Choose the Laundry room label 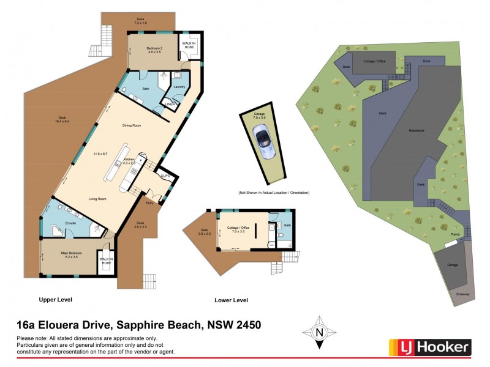coord(179,87)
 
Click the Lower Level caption coord(231,300)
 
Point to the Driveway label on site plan coord(464,294)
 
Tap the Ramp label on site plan coord(455,234)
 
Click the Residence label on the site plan coord(417,131)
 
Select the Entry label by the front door coord(149,203)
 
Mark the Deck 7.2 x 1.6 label coord(141,20)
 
